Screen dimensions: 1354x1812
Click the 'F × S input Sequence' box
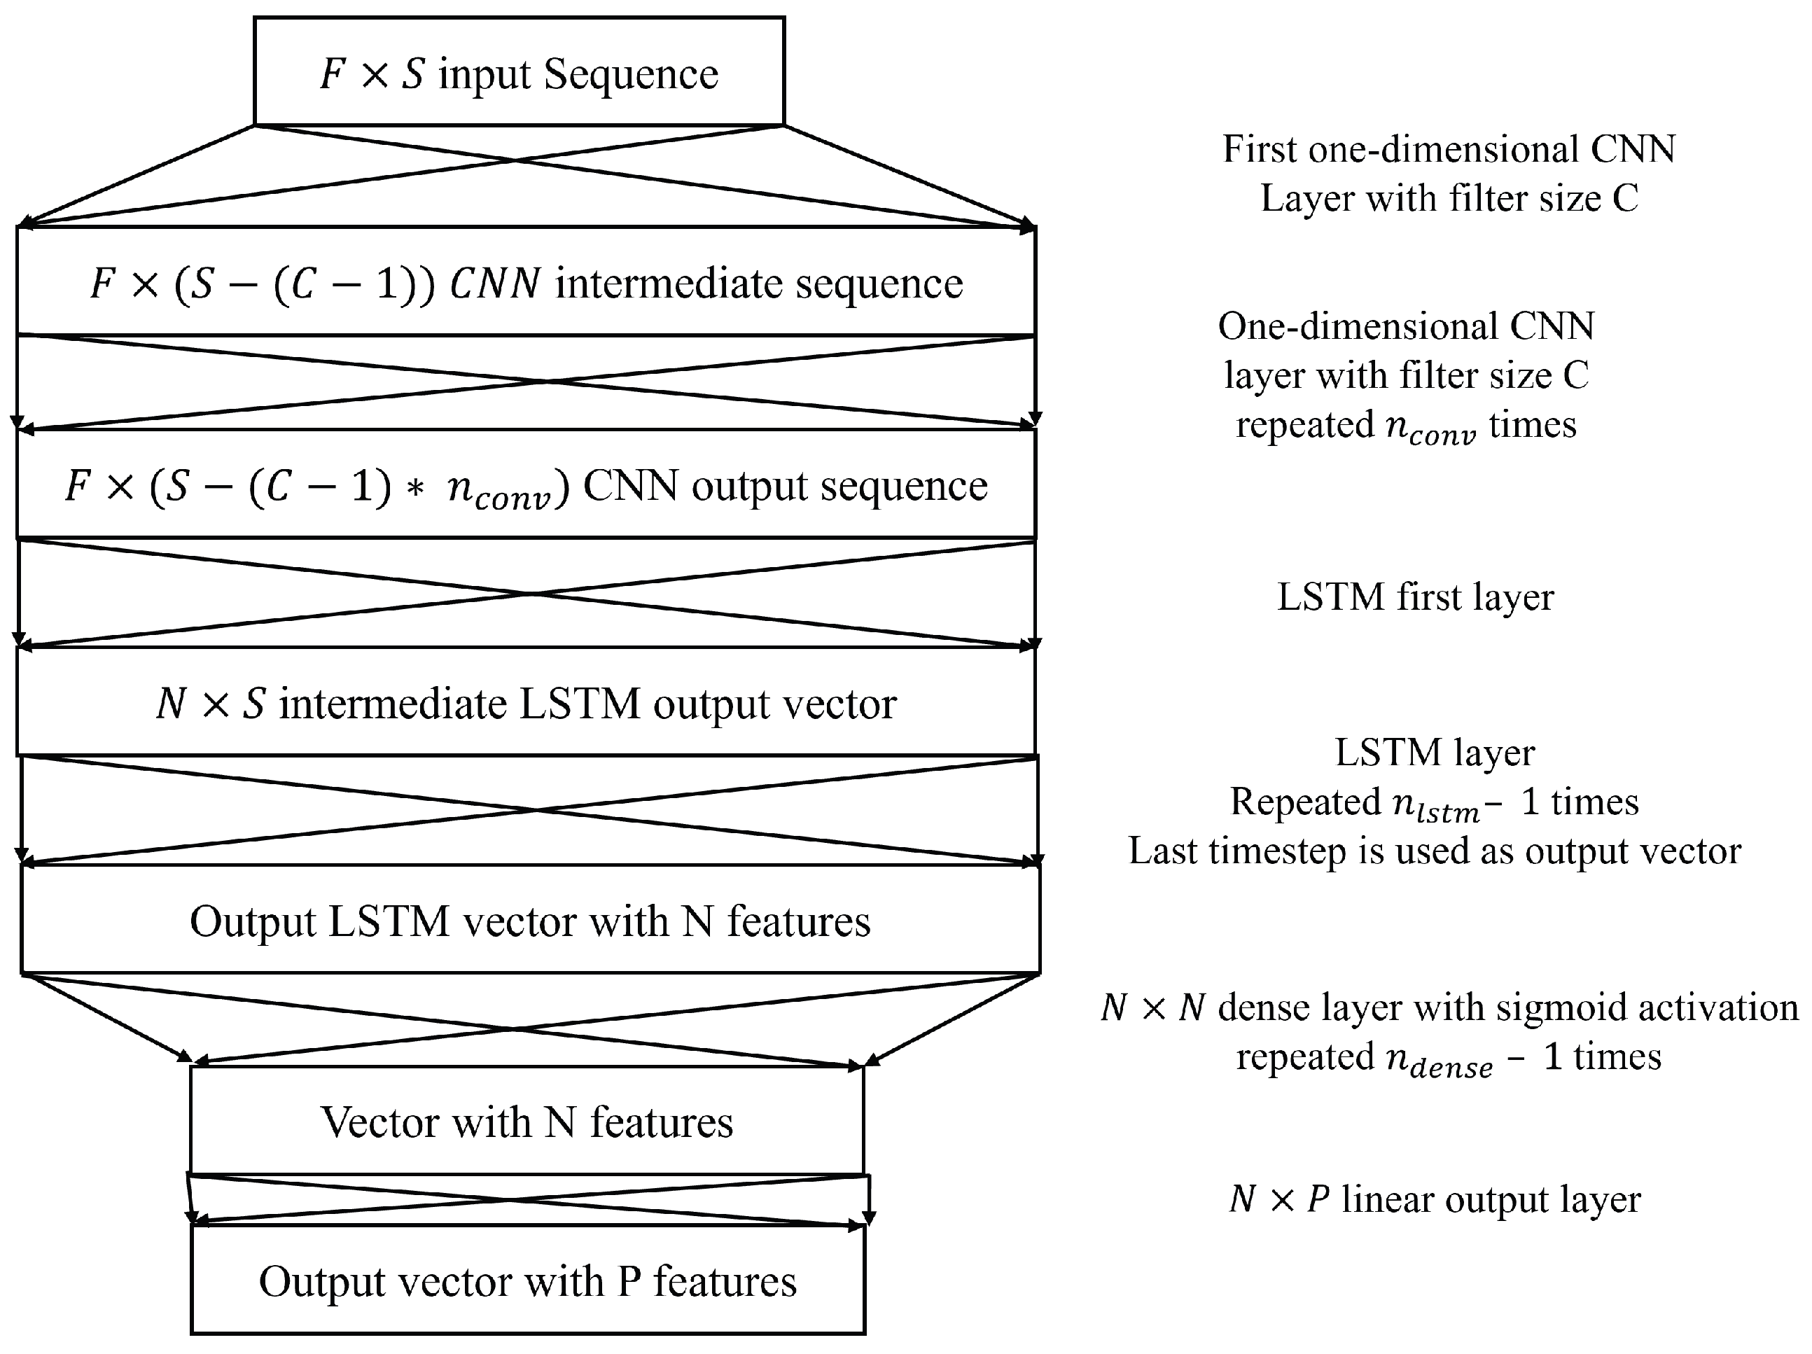coord(519,72)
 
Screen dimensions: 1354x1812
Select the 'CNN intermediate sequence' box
coord(526,283)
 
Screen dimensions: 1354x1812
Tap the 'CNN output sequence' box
coord(526,485)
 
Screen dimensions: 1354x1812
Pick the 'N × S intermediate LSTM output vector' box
coord(526,703)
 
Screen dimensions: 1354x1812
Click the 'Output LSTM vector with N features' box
coord(529,921)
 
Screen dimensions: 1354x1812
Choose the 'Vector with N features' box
coord(527,1122)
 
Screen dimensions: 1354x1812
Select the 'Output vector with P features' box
coord(527,1280)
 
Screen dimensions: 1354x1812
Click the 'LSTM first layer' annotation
coord(1415,596)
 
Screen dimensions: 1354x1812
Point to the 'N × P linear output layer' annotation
coord(1435,1199)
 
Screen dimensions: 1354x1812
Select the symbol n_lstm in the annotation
coord(1436,805)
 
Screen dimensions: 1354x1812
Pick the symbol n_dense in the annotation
coord(1438,1060)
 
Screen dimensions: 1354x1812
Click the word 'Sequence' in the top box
coord(631,74)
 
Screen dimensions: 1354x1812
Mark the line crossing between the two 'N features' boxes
coord(512,1200)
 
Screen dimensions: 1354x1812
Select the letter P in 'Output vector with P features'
coord(629,1280)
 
